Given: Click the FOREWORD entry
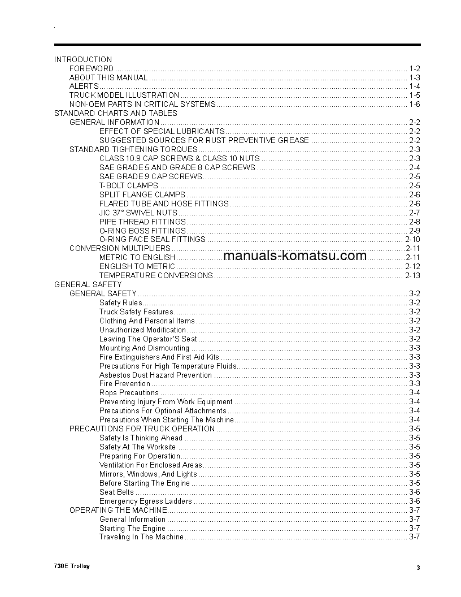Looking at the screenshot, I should pos(92,68).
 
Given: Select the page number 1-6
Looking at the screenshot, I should pos(414,105).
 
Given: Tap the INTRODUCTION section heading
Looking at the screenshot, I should pos(83,59).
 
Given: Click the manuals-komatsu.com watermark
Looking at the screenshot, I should pos(295,256).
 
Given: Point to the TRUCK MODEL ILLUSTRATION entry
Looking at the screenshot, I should pos(124,96).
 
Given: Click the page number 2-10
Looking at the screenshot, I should pos(412,240).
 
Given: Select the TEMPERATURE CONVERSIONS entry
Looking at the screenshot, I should pos(156,276).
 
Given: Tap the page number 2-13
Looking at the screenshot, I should pos(412,276).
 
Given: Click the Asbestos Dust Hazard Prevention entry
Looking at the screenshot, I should pos(155,375).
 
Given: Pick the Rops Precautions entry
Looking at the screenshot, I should pos(129,393).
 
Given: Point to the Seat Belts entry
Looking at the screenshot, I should pos(116,492).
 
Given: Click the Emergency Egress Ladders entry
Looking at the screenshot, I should pos(146,501).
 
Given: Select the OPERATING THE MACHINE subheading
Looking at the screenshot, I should pos(118,510).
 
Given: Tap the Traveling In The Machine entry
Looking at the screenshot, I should pos(141,537).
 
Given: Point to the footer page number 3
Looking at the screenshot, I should pos(418,568).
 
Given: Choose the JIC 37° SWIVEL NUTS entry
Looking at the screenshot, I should pos(138,213).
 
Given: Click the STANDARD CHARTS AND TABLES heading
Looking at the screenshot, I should pos(115,113).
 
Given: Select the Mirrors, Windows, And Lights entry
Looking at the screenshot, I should pos(148,474).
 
